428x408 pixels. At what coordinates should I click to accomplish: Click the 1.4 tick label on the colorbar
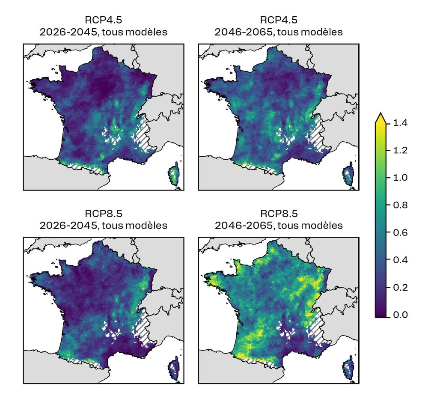(x=401, y=123)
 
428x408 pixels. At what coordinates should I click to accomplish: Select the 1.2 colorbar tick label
(x=401, y=151)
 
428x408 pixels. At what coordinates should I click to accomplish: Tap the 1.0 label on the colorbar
(x=401, y=178)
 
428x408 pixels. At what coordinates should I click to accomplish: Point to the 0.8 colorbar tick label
(x=401, y=205)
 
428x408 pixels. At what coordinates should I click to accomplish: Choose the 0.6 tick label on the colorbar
(x=401, y=232)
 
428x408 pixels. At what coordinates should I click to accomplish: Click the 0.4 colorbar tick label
(x=401, y=260)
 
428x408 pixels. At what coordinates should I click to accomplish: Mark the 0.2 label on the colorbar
(x=401, y=287)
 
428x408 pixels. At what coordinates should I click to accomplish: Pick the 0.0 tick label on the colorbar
(x=401, y=315)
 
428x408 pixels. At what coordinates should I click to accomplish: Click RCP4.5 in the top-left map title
(x=103, y=20)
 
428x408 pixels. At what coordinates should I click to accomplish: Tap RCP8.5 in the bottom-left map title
(x=103, y=213)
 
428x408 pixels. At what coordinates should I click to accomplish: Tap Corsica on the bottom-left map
(x=174, y=368)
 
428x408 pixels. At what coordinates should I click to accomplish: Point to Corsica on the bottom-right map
(x=350, y=368)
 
